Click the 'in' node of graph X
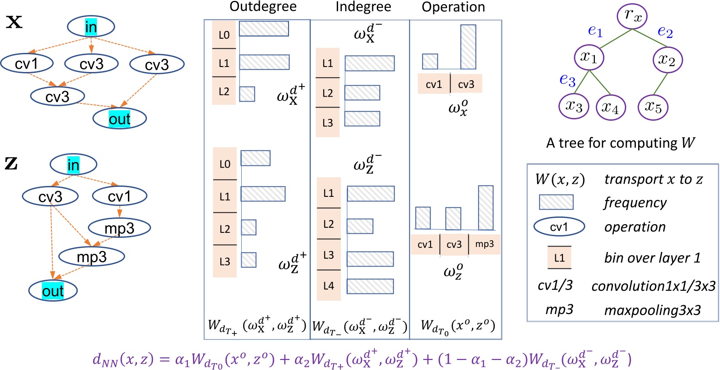(91, 27)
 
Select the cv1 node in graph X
(26, 63)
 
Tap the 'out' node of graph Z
(53, 291)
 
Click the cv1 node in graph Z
(119, 196)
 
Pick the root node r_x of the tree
(632, 15)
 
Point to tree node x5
(653, 107)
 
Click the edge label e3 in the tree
(567, 80)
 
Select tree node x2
(667, 60)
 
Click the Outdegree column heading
(263, 6)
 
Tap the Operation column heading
(453, 7)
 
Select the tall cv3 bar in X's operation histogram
(468, 47)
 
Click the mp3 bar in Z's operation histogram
(486, 207)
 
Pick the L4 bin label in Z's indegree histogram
(329, 286)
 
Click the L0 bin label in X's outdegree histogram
(224, 35)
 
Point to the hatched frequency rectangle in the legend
(556, 202)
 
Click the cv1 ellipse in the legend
(559, 226)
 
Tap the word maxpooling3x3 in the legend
(652, 310)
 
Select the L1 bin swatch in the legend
(559, 258)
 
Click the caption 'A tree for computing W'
(620, 143)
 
